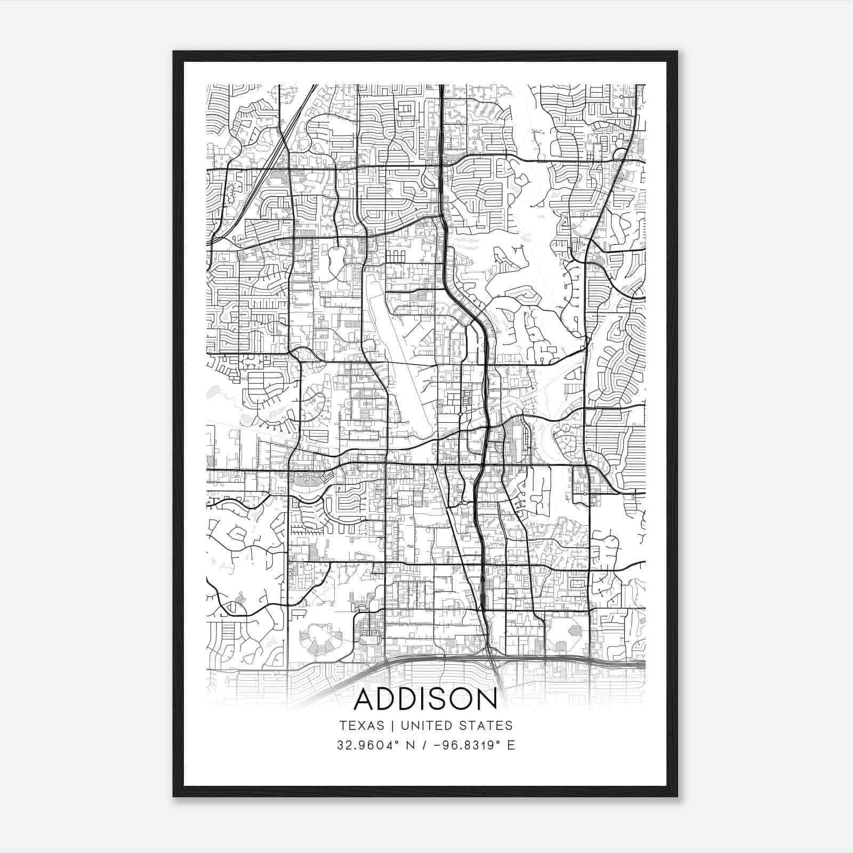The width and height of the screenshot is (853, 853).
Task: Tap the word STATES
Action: click(x=485, y=726)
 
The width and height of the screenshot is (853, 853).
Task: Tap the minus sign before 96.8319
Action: click(x=437, y=745)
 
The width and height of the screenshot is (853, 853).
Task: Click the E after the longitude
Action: click(x=511, y=745)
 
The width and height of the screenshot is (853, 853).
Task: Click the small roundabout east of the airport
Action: click(x=460, y=414)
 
